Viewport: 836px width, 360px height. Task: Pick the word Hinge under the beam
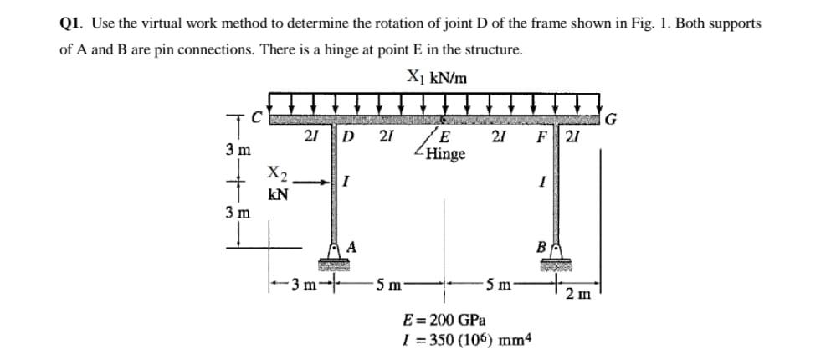click(445, 155)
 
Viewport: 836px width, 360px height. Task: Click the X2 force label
click(274, 175)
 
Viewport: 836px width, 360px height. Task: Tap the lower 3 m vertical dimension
click(237, 211)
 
